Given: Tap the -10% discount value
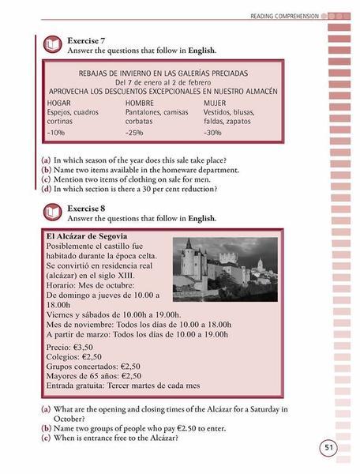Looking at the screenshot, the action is [x=57, y=132].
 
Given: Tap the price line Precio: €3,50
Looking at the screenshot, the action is [x=70, y=347].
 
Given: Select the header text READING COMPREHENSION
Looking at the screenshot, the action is [x=284, y=15].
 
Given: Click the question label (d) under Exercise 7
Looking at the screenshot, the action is [x=47, y=189].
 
